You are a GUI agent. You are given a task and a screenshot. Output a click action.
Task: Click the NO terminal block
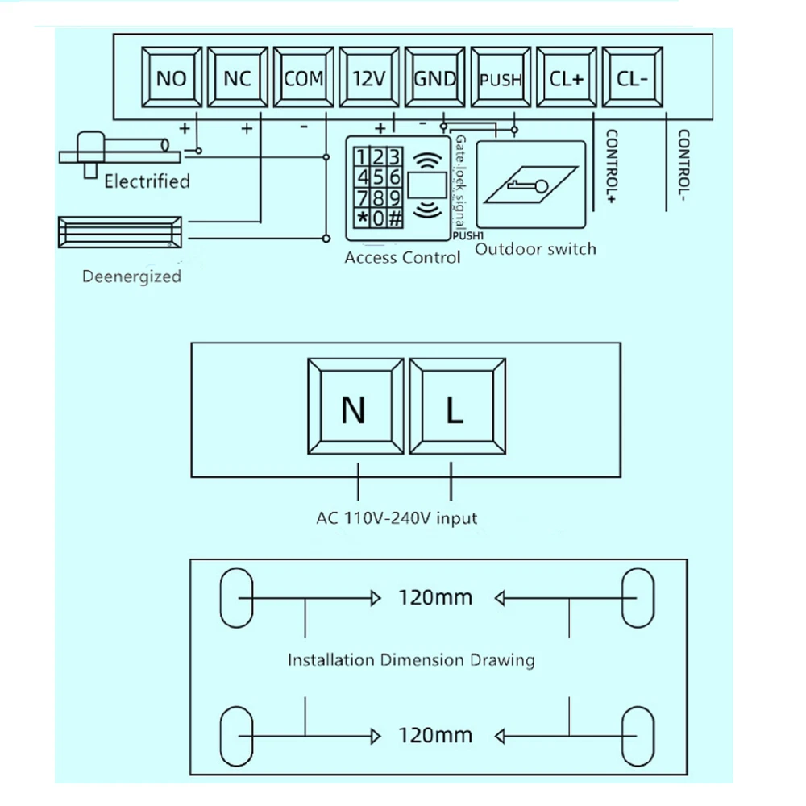click(x=171, y=78)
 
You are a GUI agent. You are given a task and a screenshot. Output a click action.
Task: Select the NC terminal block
click(x=237, y=78)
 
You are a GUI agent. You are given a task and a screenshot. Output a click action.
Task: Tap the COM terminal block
click(x=303, y=78)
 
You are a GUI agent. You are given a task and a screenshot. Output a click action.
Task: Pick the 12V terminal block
click(x=369, y=78)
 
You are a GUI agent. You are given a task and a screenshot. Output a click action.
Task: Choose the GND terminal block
click(x=435, y=78)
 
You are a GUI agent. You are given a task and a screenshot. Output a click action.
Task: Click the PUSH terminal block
click(x=501, y=79)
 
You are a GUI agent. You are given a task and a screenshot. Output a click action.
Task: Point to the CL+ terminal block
click(x=567, y=78)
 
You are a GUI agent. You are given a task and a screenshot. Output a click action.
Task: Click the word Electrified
click(x=147, y=181)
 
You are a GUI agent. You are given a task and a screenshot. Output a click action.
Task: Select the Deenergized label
click(x=131, y=276)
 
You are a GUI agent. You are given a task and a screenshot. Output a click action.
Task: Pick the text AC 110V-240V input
click(x=397, y=517)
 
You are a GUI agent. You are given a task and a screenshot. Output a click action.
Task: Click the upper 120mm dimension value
click(x=435, y=598)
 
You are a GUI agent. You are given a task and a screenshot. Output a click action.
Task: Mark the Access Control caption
click(x=402, y=258)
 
